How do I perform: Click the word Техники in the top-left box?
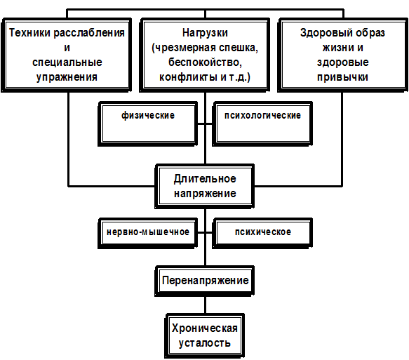(30, 33)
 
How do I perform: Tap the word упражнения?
(67, 77)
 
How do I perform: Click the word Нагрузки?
(205, 34)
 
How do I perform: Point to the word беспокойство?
(205, 62)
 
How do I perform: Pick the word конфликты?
(189, 77)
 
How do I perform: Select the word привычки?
(342, 77)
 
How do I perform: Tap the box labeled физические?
(148, 124)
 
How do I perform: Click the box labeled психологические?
(262, 124)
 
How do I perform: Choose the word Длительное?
(205, 179)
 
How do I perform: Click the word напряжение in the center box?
(205, 194)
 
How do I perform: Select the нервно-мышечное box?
(148, 233)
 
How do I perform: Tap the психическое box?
(262, 233)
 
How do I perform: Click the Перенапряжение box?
(205, 281)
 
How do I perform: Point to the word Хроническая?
(205, 328)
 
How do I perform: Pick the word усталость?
(205, 343)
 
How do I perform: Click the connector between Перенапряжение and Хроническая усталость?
(205, 305)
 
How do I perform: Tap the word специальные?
(67, 62)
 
